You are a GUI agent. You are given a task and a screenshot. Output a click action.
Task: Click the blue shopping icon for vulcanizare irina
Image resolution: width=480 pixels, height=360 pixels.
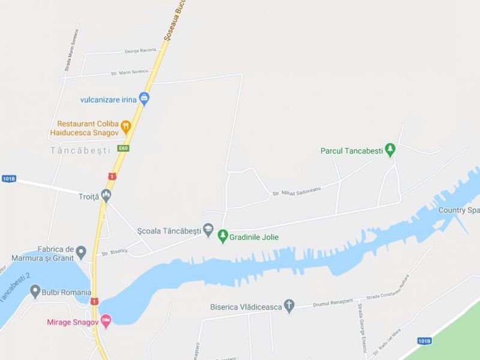pyautogui.click(x=144, y=98)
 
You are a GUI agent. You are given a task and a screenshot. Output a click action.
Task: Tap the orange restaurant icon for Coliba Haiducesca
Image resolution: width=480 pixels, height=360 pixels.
pyautogui.click(x=126, y=127)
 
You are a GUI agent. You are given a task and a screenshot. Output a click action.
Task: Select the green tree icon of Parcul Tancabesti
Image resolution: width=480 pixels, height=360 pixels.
pyautogui.click(x=391, y=150)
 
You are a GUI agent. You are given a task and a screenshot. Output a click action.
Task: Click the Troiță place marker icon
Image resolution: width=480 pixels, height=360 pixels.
pyautogui.click(x=106, y=196)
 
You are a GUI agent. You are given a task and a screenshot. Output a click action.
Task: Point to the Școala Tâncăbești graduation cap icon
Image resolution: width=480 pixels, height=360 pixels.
pyautogui.click(x=208, y=230)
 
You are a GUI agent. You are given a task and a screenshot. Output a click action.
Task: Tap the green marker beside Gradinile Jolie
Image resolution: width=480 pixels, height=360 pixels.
pyautogui.click(x=223, y=236)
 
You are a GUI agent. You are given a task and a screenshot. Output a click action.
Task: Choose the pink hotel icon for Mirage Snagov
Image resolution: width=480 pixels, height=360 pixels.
pyautogui.click(x=106, y=322)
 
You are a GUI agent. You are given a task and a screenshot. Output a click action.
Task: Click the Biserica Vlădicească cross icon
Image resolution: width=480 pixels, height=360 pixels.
pyautogui.click(x=290, y=307)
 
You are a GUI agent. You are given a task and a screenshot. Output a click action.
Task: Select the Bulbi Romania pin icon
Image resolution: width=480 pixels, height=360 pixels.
pyautogui.click(x=35, y=292)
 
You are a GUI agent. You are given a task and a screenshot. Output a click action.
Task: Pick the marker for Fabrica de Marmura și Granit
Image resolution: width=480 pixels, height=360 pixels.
pyautogui.click(x=81, y=253)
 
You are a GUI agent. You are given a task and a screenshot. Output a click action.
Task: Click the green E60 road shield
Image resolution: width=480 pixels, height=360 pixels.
pyautogui.click(x=124, y=148)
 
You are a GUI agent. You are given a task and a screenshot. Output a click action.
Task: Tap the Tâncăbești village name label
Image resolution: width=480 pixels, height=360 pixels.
pyautogui.click(x=81, y=151)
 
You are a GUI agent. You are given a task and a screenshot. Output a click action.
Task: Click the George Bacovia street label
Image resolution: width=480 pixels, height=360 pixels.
pyautogui.click(x=140, y=51)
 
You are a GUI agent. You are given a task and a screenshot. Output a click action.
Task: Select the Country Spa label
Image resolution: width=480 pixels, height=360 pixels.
pyautogui.click(x=459, y=210)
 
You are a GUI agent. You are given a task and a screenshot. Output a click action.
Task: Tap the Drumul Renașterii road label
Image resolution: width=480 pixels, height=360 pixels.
pyautogui.click(x=333, y=302)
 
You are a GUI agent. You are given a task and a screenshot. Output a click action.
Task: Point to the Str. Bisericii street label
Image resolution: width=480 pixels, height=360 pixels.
pyautogui.click(x=115, y=252)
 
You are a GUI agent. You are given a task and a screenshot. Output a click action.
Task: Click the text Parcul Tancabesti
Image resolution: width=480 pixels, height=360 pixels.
pyautogui.click(x=352, y=151)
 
